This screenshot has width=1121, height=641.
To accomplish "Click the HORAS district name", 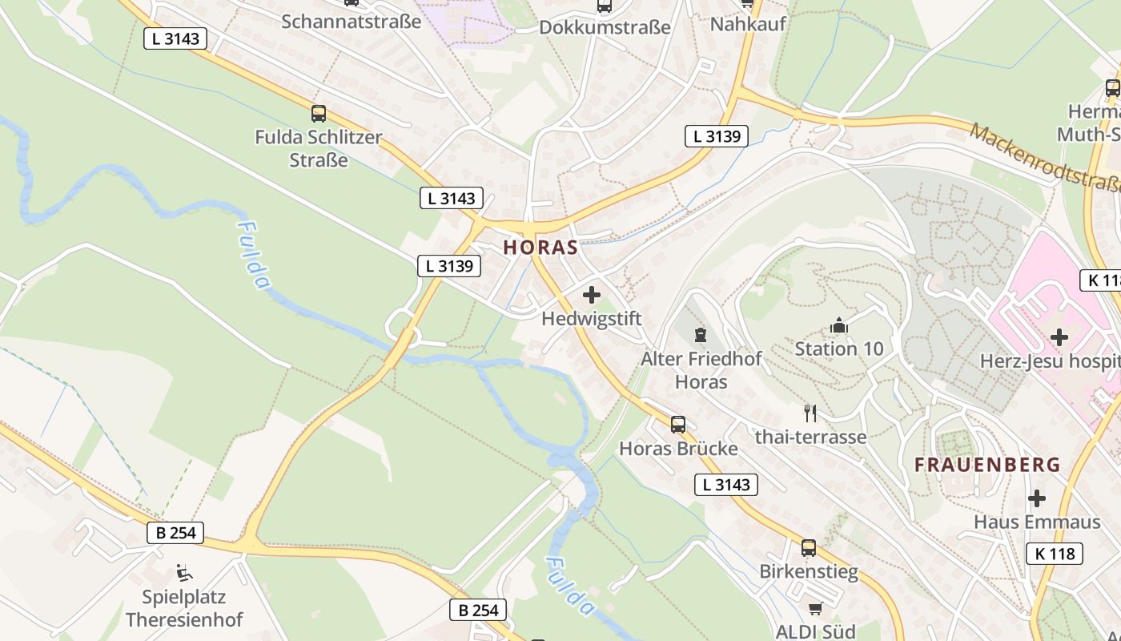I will [540, 248].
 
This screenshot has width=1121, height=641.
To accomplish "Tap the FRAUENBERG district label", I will [987, 465].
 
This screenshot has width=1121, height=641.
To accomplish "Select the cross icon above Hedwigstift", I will [592, 295].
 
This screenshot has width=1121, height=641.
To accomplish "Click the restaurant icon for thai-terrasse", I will [810, 413].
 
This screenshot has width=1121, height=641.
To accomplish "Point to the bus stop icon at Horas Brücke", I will [678, 425].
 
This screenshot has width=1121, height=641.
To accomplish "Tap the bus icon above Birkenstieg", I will [809, 548].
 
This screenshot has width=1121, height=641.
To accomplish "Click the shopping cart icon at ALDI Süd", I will [815, 609].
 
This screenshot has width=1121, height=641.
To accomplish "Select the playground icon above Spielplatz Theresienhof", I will [184, 573].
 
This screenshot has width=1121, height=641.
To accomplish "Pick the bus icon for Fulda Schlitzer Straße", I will [319, 114].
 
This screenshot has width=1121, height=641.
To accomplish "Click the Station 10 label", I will [839, 349].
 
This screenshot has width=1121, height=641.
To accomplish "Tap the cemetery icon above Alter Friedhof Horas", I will [701, 334].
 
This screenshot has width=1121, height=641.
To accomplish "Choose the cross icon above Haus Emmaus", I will [1037, 498].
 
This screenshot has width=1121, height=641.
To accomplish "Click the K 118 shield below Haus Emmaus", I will [1055, 553].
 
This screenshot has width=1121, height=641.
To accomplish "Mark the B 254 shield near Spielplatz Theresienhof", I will [175, 533].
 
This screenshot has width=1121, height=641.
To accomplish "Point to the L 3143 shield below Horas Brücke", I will [726, 484].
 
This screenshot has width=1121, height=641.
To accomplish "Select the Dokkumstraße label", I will [605, 27].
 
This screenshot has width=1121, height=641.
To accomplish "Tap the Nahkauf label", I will [748, 24].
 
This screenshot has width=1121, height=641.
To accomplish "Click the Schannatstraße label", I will [351, 21].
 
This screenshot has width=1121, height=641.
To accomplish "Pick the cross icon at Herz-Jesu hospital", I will [1059, 337].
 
